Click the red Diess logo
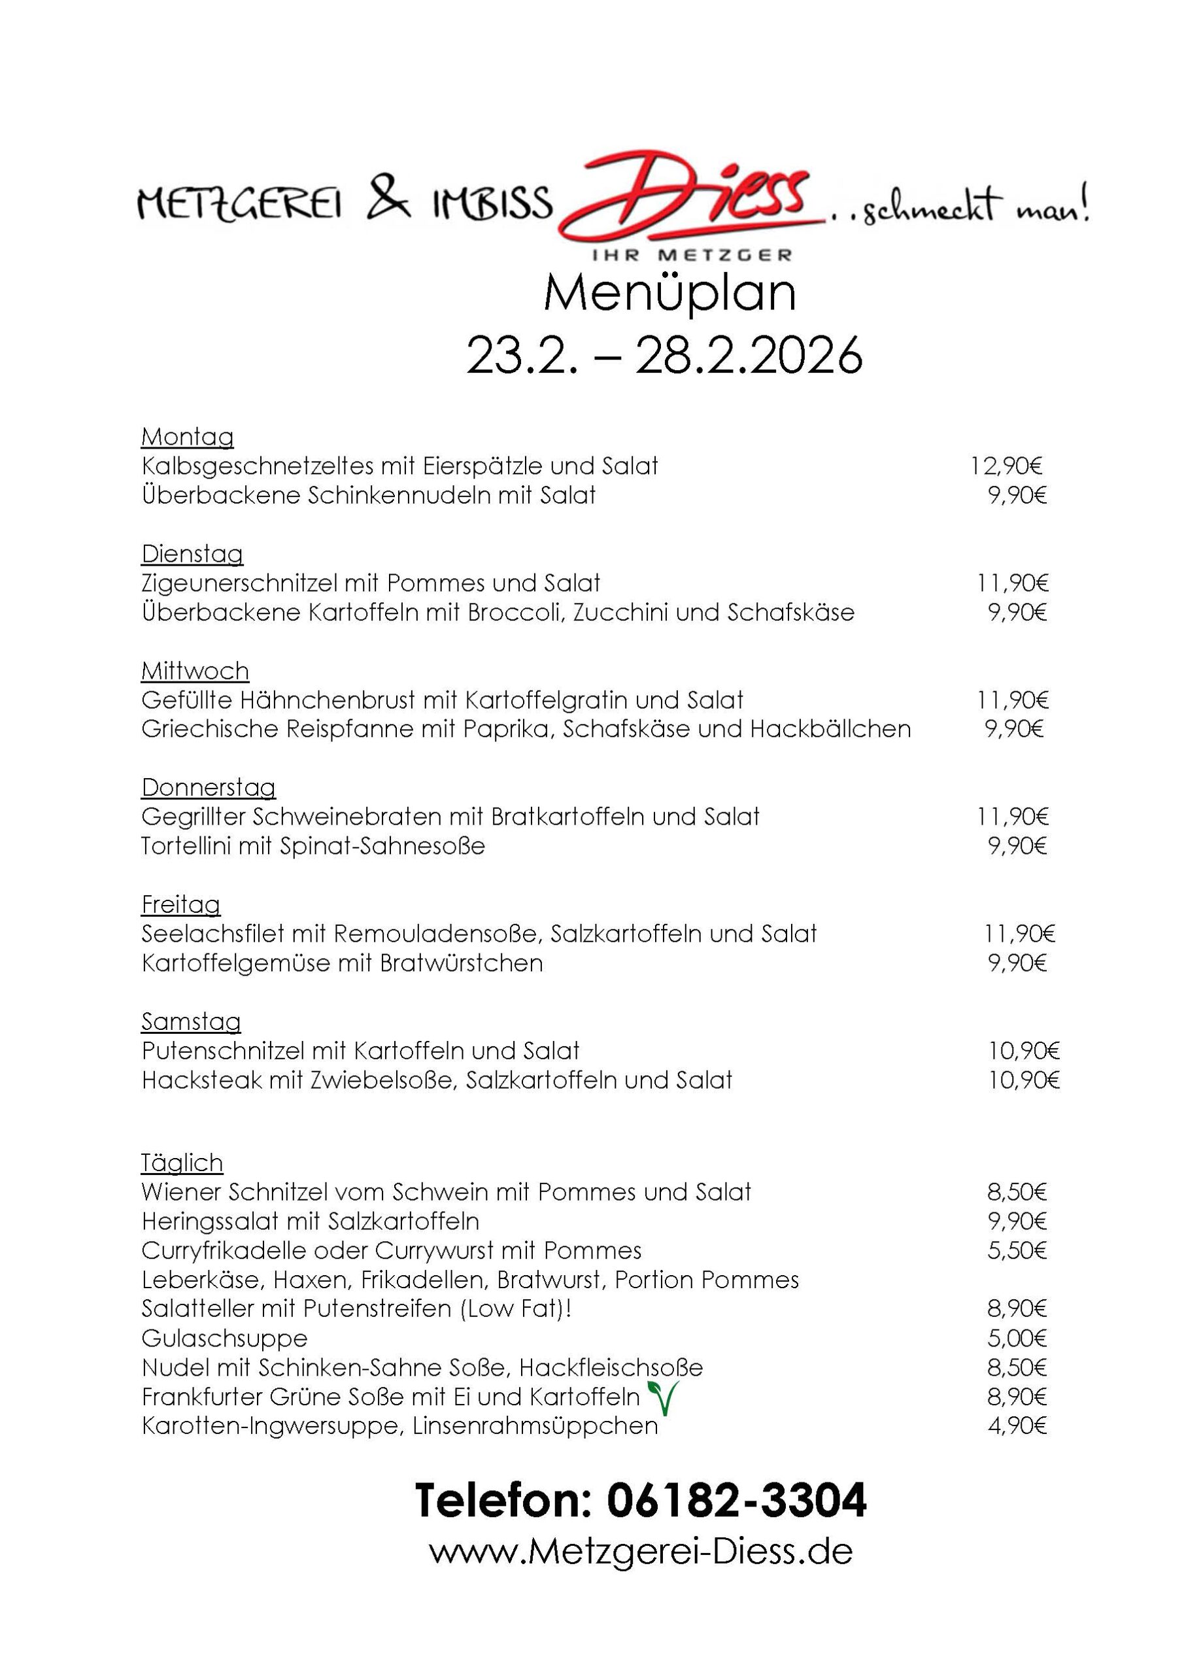click(x=689, y=197)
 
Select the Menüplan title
click(x=669, y=293)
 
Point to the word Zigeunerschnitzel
click(x=239, y=583)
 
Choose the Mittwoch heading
click(x=195, y=671)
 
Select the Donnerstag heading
click(x=209, y=787)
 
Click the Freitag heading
click(x=180, y=905)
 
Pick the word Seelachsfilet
click(x=213, y=934)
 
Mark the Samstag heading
click(x=191, y=1021)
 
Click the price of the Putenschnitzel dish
click(x=1024, y=1051)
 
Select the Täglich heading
click(x=182, y=1163)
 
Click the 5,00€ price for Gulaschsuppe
click(x=1017, y=1339)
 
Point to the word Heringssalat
click(x=210, y=1221)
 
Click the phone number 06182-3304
click(x=736, y=1501)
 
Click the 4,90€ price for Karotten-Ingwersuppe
click(x=1017, y=1426)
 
